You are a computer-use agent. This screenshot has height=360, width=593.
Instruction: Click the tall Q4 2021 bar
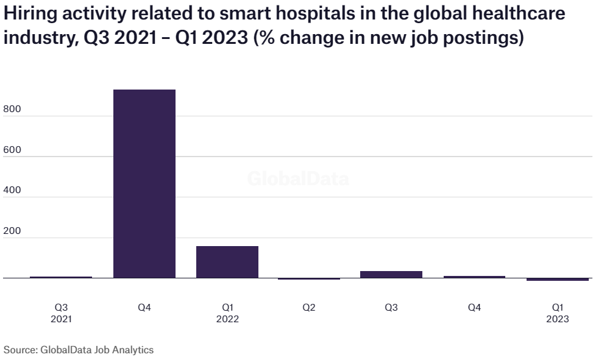pos(144,183)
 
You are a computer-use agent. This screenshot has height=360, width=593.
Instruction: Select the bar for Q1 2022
pos(227,262)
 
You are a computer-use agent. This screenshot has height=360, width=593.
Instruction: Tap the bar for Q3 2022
pos(391,274)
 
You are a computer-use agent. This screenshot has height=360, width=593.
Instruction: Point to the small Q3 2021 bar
pos(61,277)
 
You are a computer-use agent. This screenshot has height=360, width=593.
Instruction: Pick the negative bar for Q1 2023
pos(558,280)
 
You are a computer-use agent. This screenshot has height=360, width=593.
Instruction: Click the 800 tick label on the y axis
pos(12,109)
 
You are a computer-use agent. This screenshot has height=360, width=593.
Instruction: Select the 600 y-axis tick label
pos(12,150)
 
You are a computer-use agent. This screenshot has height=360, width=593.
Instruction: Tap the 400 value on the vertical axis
pos(12,190)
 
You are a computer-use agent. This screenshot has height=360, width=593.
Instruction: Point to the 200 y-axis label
pos(12,231)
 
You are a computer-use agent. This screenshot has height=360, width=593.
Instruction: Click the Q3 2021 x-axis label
pos(61,313)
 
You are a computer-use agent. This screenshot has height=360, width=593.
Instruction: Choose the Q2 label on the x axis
pos(309,308)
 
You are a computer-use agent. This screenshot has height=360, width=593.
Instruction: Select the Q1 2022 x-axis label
pos(227,313)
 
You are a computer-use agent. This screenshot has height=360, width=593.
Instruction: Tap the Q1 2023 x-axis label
pos(558,313)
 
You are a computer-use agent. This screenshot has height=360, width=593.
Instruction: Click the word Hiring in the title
pos(27,14)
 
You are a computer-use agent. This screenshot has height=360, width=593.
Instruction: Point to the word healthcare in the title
pos(522,14)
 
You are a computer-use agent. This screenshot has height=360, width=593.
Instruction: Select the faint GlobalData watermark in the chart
pos(298,179)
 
